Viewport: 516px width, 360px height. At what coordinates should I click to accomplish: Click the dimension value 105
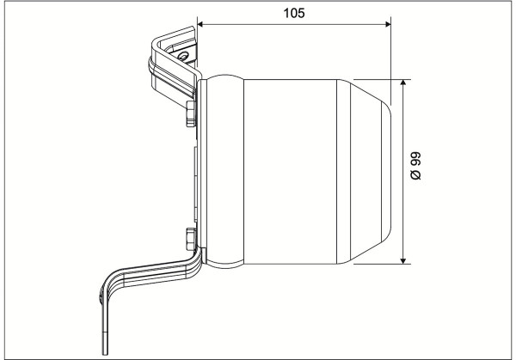tap(294, 13)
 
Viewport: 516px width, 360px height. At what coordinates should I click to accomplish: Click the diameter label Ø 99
tap(415, 166)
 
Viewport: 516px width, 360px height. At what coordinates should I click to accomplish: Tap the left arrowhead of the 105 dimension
tap(200, 24)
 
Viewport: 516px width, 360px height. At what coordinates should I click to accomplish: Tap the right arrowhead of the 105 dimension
tap(388, 24)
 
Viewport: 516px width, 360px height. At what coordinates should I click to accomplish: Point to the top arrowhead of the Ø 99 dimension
tap(403, 82)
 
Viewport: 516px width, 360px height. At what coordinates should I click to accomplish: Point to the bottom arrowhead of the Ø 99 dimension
tap(403, 260)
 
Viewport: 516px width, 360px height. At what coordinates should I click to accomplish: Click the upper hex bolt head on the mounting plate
tap(191, 113)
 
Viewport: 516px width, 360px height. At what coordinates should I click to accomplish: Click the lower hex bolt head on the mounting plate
tap(191, 239)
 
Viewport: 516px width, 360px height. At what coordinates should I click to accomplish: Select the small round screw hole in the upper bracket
tap(183, 55)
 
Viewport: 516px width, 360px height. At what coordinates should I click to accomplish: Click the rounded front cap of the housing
tap(386, 171)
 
